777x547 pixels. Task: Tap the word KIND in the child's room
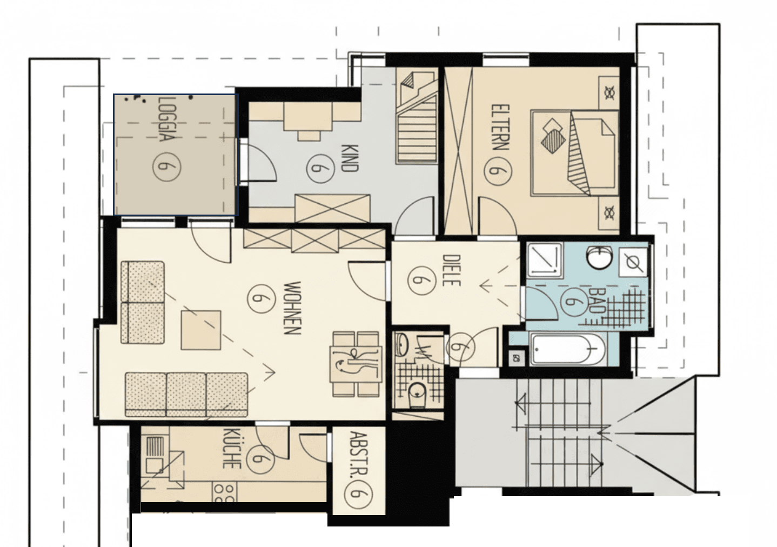pos(350,157)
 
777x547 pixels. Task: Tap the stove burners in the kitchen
pos(224,492)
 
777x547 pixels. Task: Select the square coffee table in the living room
pos(201,330)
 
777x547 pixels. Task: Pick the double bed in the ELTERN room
pos(574,152)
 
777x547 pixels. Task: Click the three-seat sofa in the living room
pos(186,394)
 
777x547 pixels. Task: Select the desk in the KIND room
pos(308,116)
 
